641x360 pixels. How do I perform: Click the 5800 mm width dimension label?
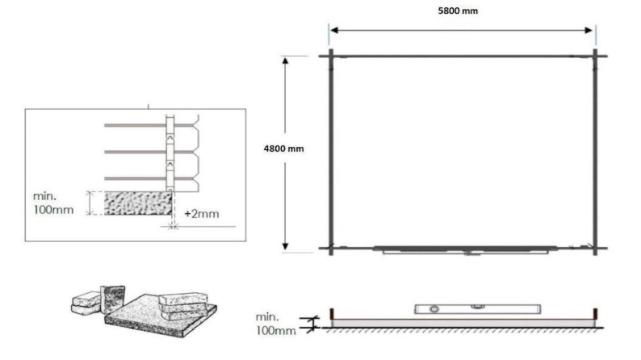pos(462,12)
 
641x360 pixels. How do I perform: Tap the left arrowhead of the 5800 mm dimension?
pos(333,30)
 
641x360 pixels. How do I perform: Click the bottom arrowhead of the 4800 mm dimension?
pos(285,246)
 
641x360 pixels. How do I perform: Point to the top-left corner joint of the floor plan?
pos(330,56)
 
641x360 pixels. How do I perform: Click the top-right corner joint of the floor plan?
pos(596,56)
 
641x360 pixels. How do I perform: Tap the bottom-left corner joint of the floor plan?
pos(330,248)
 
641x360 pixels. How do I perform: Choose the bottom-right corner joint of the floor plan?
pos(596,248)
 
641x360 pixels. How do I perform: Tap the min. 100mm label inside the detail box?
pos(54,203)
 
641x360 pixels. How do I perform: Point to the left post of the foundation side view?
pos(332,312)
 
